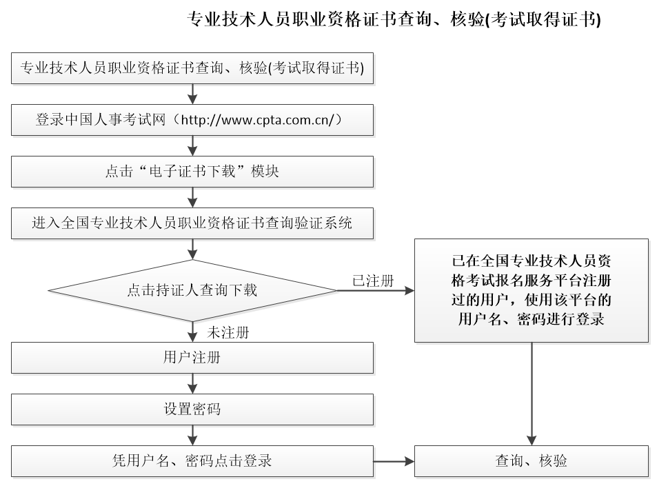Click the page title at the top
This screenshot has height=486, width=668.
(394, 19)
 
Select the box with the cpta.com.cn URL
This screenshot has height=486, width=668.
(192, 120)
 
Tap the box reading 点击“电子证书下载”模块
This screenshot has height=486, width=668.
(192, 172)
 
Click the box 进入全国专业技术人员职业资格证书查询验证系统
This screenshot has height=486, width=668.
(192, 223)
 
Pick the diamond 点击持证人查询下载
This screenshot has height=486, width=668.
(192, 290)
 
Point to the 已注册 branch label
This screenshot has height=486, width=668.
(373, 281)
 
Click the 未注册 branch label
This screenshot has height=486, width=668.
(228, 333)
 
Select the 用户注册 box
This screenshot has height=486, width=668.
(192, 358)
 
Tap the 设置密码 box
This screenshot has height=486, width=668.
(192, 409)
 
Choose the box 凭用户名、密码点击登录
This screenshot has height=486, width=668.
(192, 461)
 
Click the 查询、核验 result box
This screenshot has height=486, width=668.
(532, 461)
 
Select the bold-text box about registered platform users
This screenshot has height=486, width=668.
(532, 290)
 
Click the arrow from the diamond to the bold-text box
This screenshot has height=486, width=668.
(375, 291)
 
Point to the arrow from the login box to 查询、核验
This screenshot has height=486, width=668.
(394, 461)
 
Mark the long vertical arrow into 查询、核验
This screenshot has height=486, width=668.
(532, 394)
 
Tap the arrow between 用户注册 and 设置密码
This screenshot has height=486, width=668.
(192, 384)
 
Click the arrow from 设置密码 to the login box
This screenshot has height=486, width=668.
(192, 435)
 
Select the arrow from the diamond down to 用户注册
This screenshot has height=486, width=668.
(192, 332)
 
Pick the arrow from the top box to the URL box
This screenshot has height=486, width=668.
(192, 94)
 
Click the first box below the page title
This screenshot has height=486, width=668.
(192, 68)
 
